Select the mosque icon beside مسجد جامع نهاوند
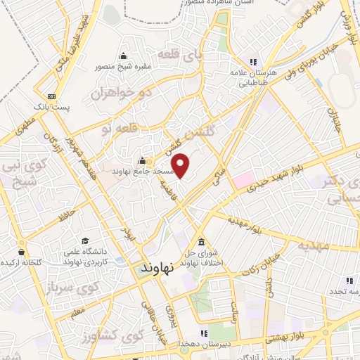point(143,160)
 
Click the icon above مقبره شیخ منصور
point(124,56)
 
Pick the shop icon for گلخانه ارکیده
point(22,252)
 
